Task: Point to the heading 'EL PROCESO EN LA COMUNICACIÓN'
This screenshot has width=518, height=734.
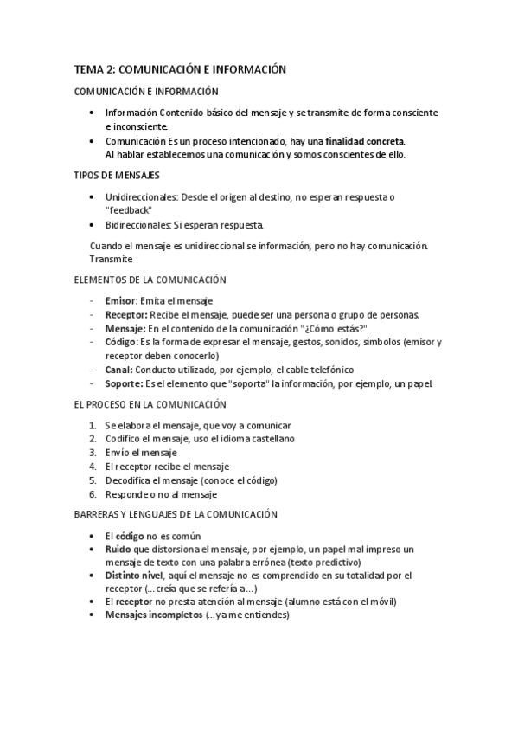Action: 150,404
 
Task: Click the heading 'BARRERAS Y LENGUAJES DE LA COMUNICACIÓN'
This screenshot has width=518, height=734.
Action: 176,514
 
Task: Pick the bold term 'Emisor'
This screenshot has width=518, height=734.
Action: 120,300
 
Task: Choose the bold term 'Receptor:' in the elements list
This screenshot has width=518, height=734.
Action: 126,314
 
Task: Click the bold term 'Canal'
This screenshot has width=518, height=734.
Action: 118,370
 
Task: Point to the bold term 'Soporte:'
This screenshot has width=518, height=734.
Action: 125,383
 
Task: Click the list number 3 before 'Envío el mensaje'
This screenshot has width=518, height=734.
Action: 93,453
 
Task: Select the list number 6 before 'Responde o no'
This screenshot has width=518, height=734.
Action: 93,494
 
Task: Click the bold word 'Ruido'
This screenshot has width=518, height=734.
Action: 119,550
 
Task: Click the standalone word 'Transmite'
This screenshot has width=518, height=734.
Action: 111,258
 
